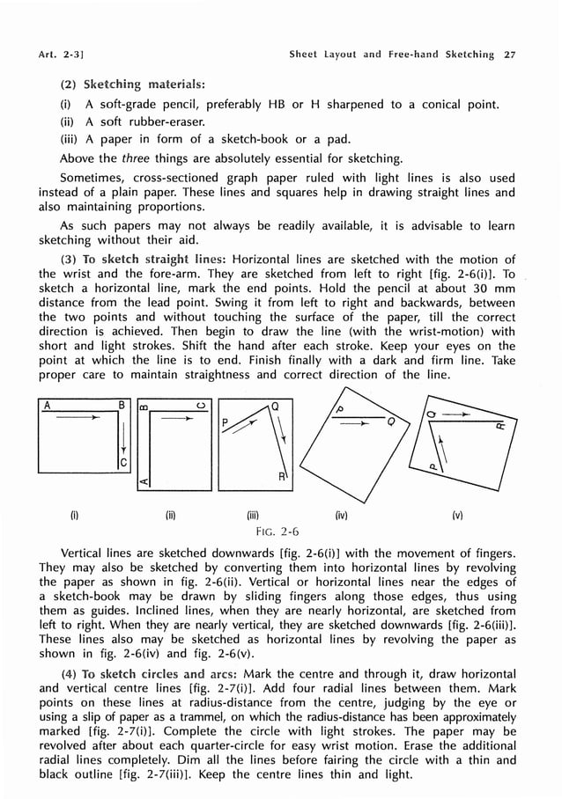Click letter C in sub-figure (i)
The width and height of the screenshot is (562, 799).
[x=122, y=462]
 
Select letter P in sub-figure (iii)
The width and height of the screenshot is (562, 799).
[x=226, y=422]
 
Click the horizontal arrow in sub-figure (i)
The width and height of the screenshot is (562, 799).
[x=75, y=421]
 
